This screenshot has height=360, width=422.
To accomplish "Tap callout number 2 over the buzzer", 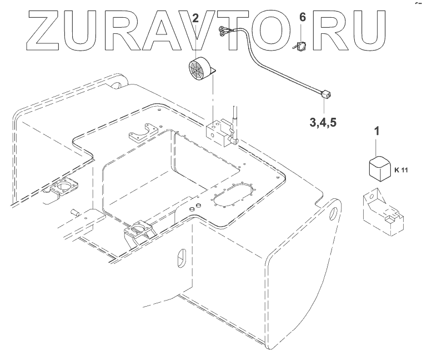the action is tap(195, 18).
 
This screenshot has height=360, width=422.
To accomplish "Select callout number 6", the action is tap(302, 18).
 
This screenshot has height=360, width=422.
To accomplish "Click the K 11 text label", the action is tap(400, 170).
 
